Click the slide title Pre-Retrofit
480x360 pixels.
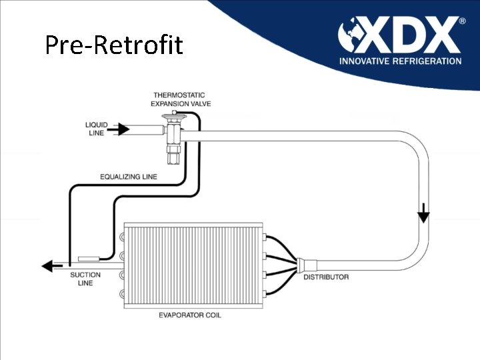(x=113, y=45)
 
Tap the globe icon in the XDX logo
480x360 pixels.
(x=352, y=35)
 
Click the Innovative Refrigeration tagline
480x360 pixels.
(x=400, y=61)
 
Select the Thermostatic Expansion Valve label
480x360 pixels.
(x=179, y=99)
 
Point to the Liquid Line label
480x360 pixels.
(x=96, y=129)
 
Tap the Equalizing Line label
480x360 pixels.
(x=129, y=177)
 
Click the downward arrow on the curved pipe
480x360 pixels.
(x=423, y=217)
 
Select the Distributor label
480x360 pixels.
(x=326, y=277)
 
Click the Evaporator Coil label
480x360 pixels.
(x=190, y=315)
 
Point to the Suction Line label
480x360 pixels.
(x=85, y=279)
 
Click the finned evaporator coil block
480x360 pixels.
(x=193, y=265)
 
